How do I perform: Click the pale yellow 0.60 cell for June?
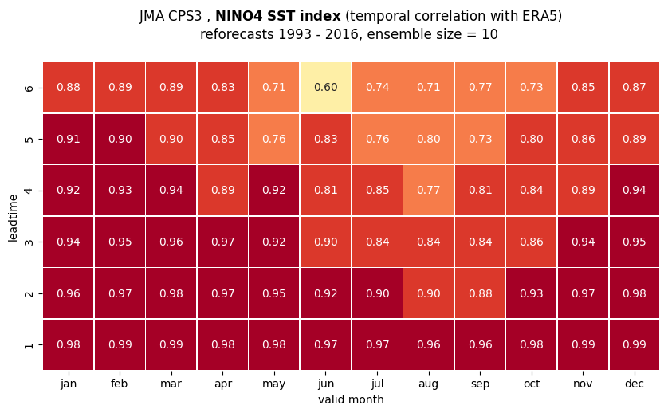coord(326,88)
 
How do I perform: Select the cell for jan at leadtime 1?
coord(69,344)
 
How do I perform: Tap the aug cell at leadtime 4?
coord(429,190)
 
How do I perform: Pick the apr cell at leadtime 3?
coord(223,242)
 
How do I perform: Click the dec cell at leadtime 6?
coord(635,88)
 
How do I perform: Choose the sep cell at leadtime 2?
coord(480,293)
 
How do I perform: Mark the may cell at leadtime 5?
coord(274,139)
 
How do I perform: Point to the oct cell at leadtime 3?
coord(532,242)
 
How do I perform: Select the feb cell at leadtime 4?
coord(120,190)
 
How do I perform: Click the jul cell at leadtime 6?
coord(378,88)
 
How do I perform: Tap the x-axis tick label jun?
coord(326,384)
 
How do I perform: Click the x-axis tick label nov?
coord(583,384)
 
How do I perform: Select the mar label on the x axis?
coord(171,384)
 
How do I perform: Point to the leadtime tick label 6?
coord(29,88)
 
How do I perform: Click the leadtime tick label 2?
coord(29,293)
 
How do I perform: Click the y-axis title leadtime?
coord(13,218)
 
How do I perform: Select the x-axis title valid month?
coord(351,399)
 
